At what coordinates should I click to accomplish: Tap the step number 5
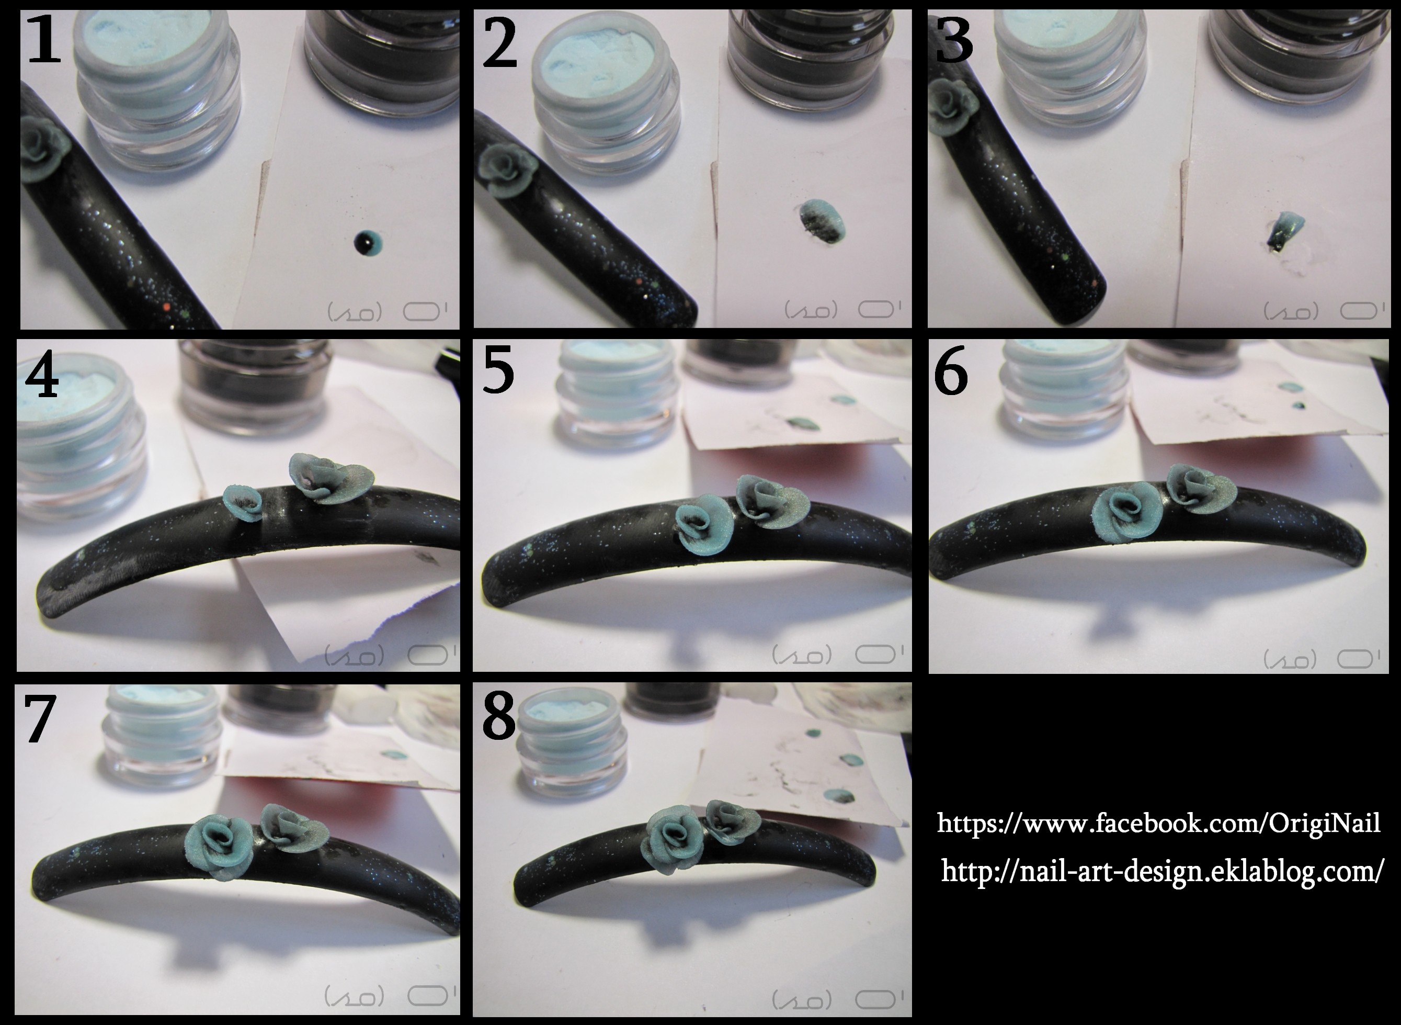tap(498, 370)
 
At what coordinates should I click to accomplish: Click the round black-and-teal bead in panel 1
tap(368, 243)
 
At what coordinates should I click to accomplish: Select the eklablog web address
tap(1161, 872)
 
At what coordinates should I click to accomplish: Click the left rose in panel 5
tap(703, 523)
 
